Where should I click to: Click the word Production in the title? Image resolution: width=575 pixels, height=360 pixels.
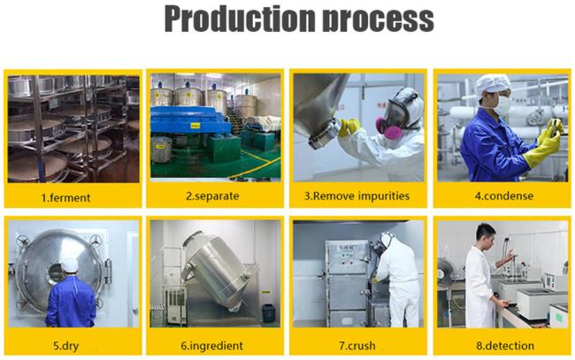pyautogui.click(x=240, y=19)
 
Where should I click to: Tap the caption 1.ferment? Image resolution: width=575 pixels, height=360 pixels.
pyautogui.click(x=66, y=198)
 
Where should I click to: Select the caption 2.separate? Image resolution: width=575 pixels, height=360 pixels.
pyautogui.click(x=212, y=196)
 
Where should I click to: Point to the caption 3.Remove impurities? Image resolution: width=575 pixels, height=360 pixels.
pyautogui.click(x=356, y=195)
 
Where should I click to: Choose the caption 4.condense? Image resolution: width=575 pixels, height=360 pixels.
pyautogui.click(x=504, y=195)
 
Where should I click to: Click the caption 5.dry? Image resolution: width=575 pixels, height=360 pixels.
pyautogui.click(x=66, y=346)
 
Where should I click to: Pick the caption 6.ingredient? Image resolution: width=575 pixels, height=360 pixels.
pyautogui.click(x=212, y=346)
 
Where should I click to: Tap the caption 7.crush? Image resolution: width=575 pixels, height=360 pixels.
pyautogui.click(x=357, y=346)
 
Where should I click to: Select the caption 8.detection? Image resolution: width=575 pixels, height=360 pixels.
pyautogui.click(x=505, y=346)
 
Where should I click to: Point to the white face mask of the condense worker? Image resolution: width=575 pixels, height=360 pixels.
pyautogui.click(x=502, y=105)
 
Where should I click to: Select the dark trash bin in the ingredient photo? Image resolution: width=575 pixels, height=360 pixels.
pyautogui.click(x=268, y=313)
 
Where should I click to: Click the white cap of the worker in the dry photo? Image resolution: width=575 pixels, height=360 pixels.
pyautogui.click(x=70, y=265)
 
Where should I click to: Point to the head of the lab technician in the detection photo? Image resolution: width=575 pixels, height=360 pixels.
pyautogui.click(x=487, y=234)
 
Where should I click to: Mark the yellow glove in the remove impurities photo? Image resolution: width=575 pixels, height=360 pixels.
pyautogui.click(x=349, y=126)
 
